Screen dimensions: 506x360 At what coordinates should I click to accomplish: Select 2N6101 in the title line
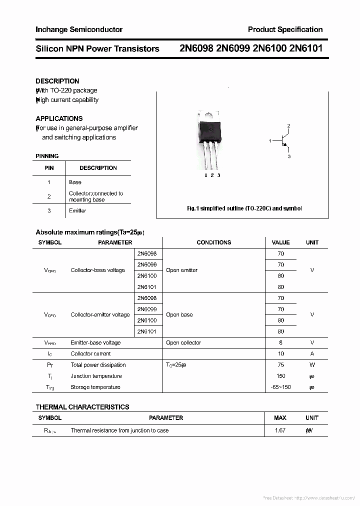pyautogui.click(x=305, y=48)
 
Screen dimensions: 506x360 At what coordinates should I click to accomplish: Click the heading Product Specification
pyautogui.click(x=285, y=29)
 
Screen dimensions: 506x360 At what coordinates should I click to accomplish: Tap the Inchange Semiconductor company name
pyautogui.click(x=79, y=29)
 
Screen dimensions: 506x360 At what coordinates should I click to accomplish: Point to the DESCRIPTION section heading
pyautogui.click(x=57, y=81)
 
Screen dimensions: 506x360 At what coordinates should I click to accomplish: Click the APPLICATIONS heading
pyautogui.click(x=59, y=118)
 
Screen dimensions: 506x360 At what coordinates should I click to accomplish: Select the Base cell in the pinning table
pyautogui.click(x=75, y=182)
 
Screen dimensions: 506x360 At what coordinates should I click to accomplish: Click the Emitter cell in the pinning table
pyautogui.click(x=77, y=210)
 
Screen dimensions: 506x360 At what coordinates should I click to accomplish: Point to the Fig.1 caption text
pyautogui.click(x=244, y=208)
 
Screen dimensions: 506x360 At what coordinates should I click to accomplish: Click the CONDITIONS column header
pyautogui.click(x=213, y=242)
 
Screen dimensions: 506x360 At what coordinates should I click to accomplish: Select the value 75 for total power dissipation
pyautogui.click(x=280, y=365)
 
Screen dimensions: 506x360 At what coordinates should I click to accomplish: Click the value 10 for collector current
pyautogui.click(x=280, y=354)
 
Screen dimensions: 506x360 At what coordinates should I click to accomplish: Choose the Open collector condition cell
pyautogui.click(x=183, y=343)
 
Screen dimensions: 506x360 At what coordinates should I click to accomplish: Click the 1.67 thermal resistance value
pyautogui.click(x=280, y=430)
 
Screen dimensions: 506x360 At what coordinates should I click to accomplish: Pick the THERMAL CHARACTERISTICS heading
pyautogui.click(x=82, y=407)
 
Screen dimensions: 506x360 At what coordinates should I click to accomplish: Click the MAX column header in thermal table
pyautogui.click(x=280, y=418)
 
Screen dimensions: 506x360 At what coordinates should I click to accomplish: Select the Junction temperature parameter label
pyautogui.click(x=96, y=376)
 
